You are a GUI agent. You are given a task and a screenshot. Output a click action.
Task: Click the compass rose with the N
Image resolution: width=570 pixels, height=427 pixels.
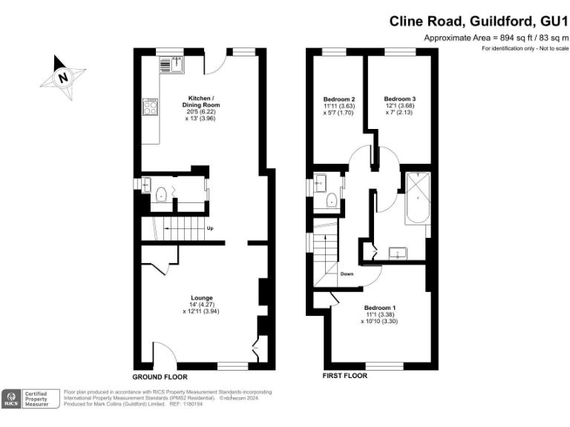pos(63,76)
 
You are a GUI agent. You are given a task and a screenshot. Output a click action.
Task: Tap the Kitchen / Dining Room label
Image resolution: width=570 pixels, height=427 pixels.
pos(201,102)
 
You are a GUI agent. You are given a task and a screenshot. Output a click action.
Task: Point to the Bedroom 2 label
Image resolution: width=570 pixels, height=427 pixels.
pos(338,99)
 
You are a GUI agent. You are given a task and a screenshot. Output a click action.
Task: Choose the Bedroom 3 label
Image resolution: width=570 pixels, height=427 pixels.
pos(399,99)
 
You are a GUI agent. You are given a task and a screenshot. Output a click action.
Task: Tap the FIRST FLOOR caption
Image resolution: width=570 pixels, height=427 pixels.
pos(344,376)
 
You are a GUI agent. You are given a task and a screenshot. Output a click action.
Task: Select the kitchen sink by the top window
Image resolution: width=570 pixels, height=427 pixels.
pos(166,64)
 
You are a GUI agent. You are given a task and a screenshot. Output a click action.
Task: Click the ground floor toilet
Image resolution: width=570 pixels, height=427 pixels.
pos(162,196)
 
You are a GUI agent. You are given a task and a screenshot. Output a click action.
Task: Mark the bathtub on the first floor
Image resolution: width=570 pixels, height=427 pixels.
pos(414,197)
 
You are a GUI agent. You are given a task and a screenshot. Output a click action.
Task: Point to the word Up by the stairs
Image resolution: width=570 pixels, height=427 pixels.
pos(210,228)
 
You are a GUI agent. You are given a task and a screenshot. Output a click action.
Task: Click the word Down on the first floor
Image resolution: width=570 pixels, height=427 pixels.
pos(347,274)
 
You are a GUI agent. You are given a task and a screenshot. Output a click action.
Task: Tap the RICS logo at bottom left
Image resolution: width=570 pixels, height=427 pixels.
pos(12,399)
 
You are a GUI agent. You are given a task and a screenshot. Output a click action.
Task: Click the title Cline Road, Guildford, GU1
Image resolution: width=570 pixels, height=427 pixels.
pos(479,21)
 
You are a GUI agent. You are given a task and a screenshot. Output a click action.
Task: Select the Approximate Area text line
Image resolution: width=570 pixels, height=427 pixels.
pos(495,38)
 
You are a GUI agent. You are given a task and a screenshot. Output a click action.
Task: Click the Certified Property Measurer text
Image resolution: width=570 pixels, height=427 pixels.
pos(37,399)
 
